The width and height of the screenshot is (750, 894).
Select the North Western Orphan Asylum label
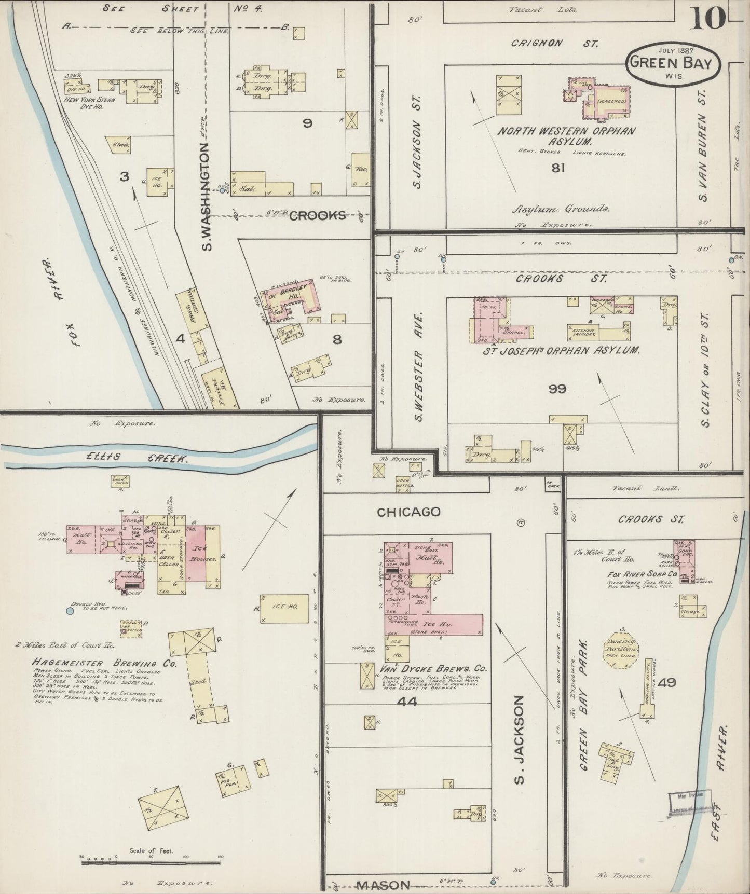click(x=566, y=136)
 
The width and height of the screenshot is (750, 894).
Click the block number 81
click(x=558, y=168)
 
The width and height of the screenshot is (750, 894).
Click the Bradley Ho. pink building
click(x=298, y=298)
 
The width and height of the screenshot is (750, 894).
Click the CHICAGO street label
click(x=408, y=512)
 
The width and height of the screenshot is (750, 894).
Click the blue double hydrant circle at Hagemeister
click(x=70, y=611)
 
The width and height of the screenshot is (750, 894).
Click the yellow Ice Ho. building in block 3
click(x=157, y=182)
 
